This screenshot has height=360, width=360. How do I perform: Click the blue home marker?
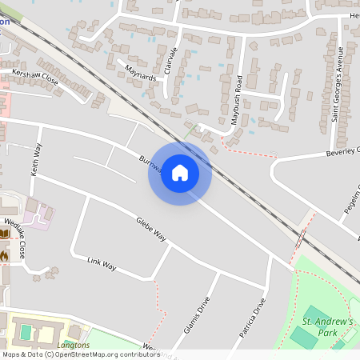point(180,173)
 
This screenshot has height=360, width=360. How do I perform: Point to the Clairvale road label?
point(169,61)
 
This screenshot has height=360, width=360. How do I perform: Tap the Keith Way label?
point(35,159)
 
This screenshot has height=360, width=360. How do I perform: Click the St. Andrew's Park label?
point(327,326)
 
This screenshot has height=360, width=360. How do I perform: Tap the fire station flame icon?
point(4,255)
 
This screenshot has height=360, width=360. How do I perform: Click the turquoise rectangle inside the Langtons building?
point(26,330)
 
